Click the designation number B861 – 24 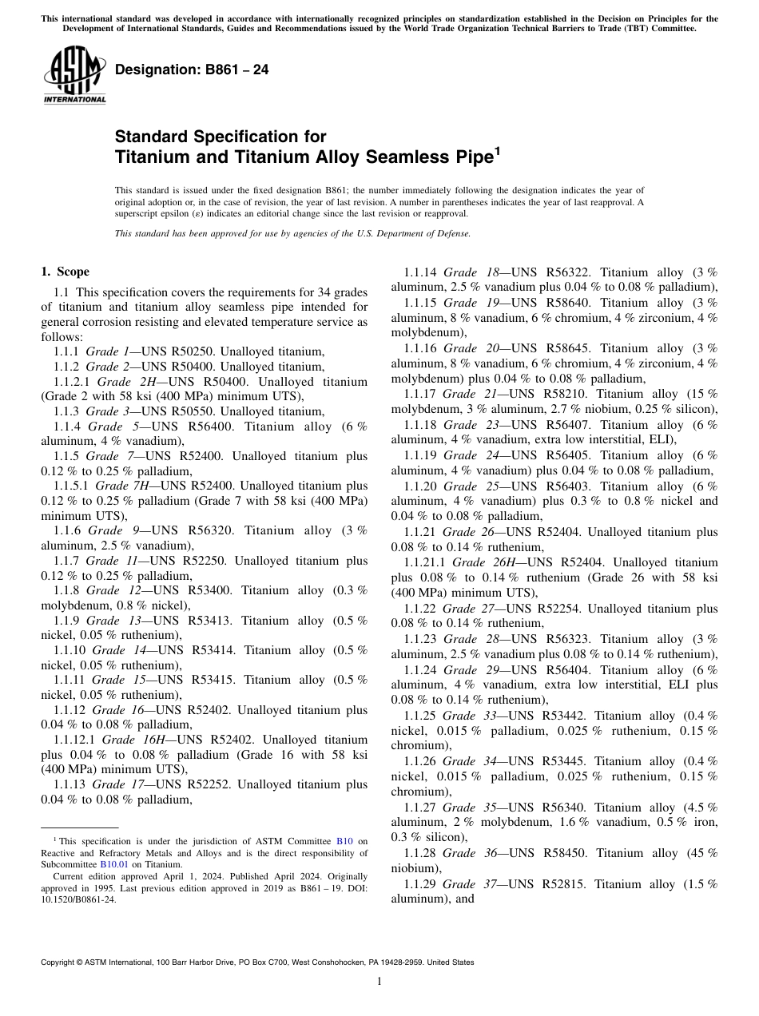click(x=192, y=70)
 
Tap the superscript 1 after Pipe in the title click(x=496, y=150)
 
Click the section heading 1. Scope click(x=65, y=272)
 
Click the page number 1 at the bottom click(x=379, y=981)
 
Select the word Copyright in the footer click(x=58, y=962)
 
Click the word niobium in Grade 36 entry click(x=411, y=868)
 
